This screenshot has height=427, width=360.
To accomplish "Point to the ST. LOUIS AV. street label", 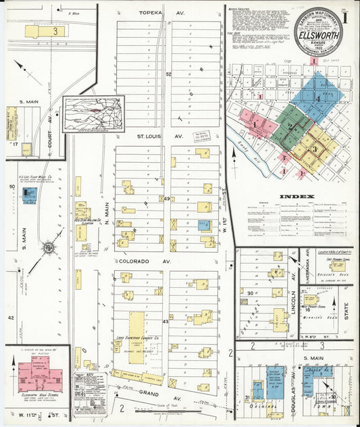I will [151, 136].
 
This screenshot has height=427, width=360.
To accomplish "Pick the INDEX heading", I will [297, 197].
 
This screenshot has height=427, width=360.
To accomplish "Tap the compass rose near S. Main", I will [49, 248].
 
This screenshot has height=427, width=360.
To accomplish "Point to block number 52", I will [168, 74].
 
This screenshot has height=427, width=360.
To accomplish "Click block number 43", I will [165, 322].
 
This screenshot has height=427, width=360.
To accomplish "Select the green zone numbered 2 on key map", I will [290, 126].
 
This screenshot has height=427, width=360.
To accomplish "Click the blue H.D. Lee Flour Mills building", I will [29, 196].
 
